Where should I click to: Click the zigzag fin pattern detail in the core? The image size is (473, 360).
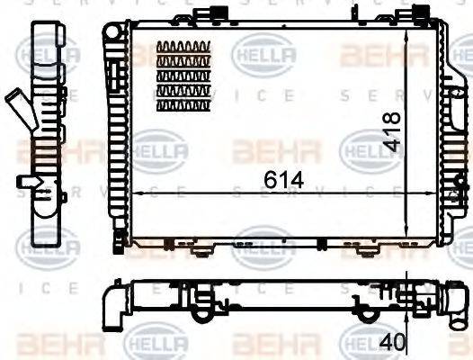tap(183, 76)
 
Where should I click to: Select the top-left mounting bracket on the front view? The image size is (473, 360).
tap(203, 15)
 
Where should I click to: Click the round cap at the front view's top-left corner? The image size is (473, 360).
tap(111, 31)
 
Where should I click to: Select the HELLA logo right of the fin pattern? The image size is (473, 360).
tap(263, 55)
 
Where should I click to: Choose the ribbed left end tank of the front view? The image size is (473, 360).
tap(117, 135)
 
